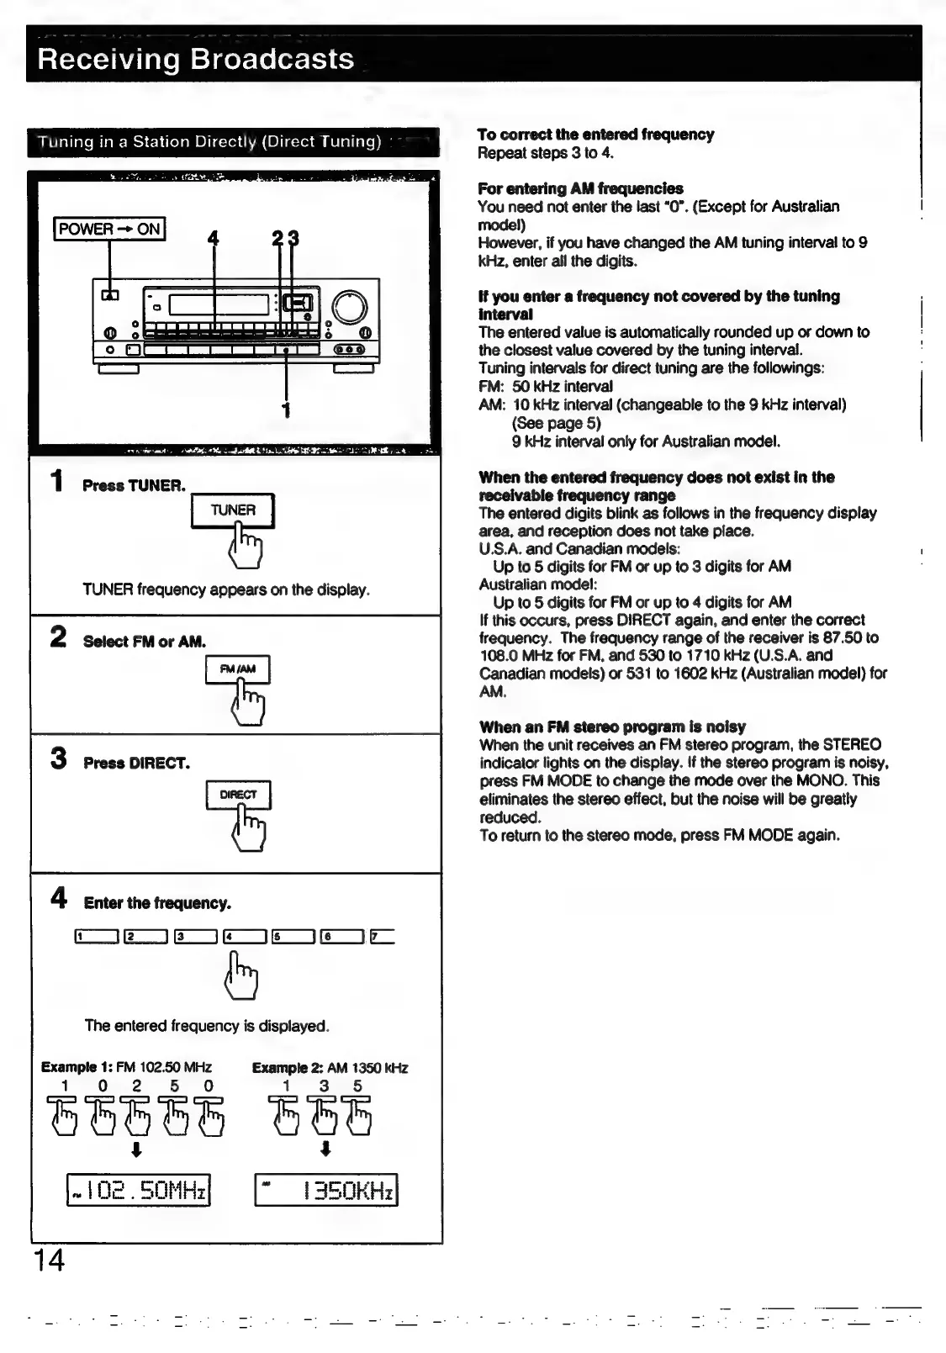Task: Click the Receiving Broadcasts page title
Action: coord(196,60)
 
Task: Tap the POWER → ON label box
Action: coord(109,229)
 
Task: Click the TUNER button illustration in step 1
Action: coord(233,510)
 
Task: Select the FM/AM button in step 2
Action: coord(238,669)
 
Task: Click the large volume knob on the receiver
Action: coord(349,307)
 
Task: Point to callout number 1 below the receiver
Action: coord(287,410)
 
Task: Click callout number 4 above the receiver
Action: coord(213,239)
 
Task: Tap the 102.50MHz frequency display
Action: coord(138,1190)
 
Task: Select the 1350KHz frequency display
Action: coord(325,1190)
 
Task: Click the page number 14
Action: coord(49,1261)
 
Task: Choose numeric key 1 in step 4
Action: coord(96,936)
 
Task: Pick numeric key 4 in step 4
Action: coord(244,936)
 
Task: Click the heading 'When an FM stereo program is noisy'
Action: coord(612,727)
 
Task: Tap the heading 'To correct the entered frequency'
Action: coord(595,135)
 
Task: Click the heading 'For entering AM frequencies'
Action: coord(580,188)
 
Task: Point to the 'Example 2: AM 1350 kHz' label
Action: coord(330,1068)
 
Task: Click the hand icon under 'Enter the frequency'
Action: coord(242,975)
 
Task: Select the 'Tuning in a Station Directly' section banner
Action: coord(233,142)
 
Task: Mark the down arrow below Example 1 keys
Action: coord(136,1149)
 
